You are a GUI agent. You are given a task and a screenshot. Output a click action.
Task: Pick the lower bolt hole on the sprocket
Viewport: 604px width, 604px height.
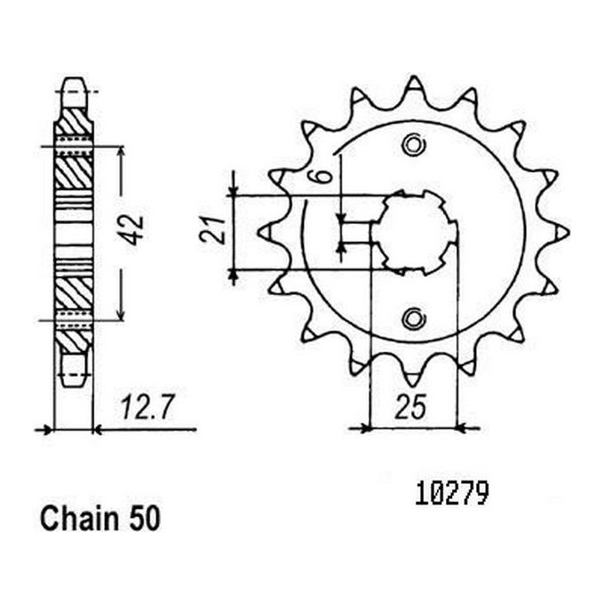412,317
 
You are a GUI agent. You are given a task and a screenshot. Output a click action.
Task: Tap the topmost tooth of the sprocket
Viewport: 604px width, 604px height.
413,86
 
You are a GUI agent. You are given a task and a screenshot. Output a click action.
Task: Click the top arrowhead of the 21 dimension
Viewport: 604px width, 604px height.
234,188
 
